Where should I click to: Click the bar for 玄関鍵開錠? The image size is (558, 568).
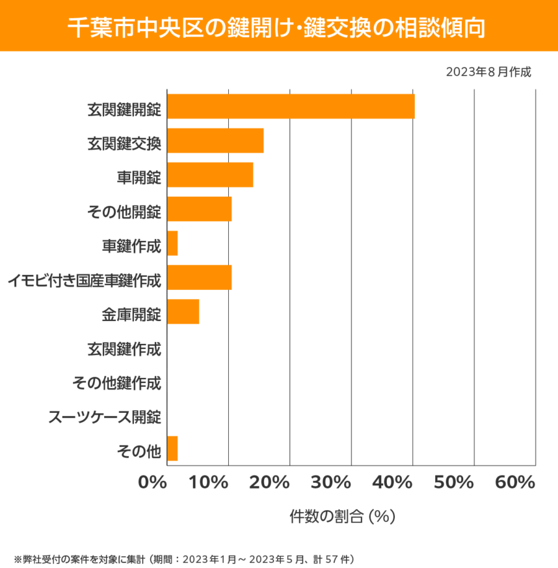point(291,106)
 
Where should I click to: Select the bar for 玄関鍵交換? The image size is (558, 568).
point(215,141)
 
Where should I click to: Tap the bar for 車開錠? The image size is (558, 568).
point(210,175)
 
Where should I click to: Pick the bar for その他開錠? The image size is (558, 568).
point(199,209)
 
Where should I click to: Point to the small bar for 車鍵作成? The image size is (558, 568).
point(172,244)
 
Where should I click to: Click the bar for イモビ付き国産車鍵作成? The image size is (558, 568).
point(199,277)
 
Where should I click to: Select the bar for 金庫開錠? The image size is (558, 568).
point(183,312)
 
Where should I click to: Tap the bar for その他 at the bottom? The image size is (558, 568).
point(172,449)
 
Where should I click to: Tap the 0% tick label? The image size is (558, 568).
point(153,483)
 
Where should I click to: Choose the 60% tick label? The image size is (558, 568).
point(514,483)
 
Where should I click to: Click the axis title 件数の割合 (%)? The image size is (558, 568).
point(343,517)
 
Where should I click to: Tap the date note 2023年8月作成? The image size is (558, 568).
point(488,72)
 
